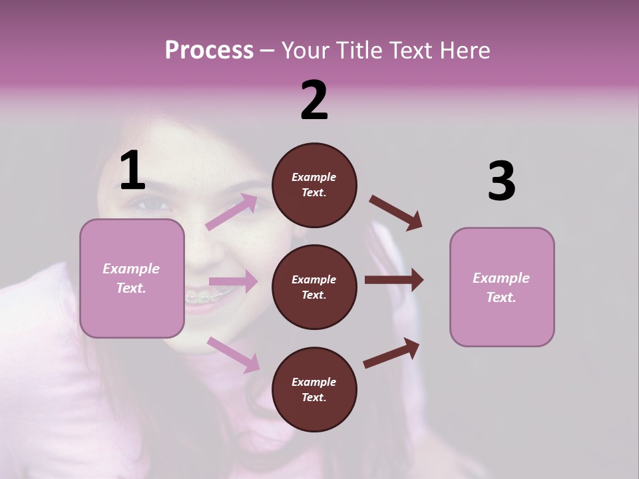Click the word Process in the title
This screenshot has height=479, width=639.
[209, 50]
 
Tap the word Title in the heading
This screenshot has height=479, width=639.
[360, 50]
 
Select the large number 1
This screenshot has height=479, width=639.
[132, 170]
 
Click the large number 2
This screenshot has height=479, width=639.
[314, 100]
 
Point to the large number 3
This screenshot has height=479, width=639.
[501, 181]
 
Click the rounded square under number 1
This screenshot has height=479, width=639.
[132, 278]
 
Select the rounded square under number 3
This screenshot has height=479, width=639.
[502, 287]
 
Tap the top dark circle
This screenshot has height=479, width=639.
[314, 185]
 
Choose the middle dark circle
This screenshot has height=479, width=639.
[314, 287]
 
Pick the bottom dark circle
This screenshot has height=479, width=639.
[314, 389]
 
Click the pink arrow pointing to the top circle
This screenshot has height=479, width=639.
[232, 212]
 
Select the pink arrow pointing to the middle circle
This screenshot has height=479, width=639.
[233, 281]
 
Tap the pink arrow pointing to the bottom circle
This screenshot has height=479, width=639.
[234, 354]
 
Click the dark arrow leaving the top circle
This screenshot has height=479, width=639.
[396, 213]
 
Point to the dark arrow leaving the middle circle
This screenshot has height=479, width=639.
[393, 280]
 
